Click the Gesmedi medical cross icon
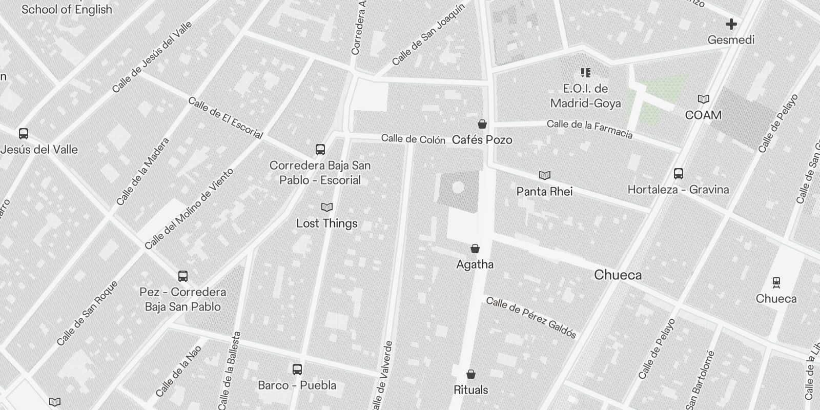pos(731,24)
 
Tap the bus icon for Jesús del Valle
pos(24,134)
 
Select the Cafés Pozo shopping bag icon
pos(482,124)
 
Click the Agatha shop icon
pos(475,249)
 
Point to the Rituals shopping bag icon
pos(470,374)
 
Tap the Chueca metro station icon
pos(776,282)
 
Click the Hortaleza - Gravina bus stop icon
pos(679,174)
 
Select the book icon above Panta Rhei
pos(544,176)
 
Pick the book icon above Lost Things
pos(327,208)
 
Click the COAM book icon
pos(704,99)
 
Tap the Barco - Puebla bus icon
pos(297,370)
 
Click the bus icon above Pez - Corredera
pos(183,276)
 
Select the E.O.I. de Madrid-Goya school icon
pos(585,73)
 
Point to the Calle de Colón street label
pos(413,139)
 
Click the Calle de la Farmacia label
pos(589,129)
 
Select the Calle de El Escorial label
pos(225,118)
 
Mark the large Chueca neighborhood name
pos(618,275)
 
